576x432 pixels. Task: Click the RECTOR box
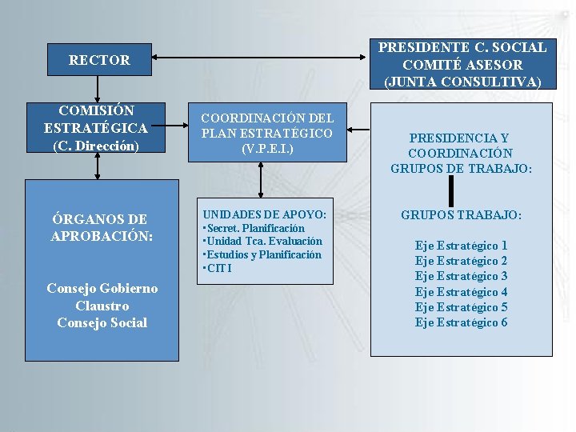(x=99, y=60)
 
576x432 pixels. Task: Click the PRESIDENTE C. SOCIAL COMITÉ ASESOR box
(x=462, y=65)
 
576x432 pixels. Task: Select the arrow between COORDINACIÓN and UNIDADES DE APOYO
(x=260, y=180)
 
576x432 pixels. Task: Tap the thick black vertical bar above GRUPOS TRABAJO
(x=452, y=190)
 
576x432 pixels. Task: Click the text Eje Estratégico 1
(x=461, y=246)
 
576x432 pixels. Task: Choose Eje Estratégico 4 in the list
(x=461, y=292)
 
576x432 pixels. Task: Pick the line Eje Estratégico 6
(x=461, y=322)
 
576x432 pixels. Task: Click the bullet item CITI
(x=218, y=268)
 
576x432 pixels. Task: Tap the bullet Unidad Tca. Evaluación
(x=263, y=241)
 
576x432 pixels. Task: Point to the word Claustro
(x=102, y=306)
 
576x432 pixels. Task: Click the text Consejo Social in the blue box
(x=102, y=322)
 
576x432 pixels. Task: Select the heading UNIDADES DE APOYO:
(x=264, y=214)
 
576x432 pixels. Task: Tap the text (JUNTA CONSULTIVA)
(x=462, y=82)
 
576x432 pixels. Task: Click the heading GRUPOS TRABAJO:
(x=461, y=215)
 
